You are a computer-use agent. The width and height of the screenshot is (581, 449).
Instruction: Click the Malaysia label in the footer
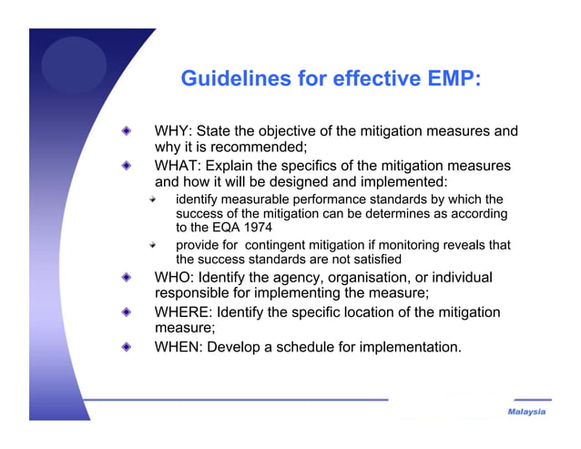click(x=526, y=412)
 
